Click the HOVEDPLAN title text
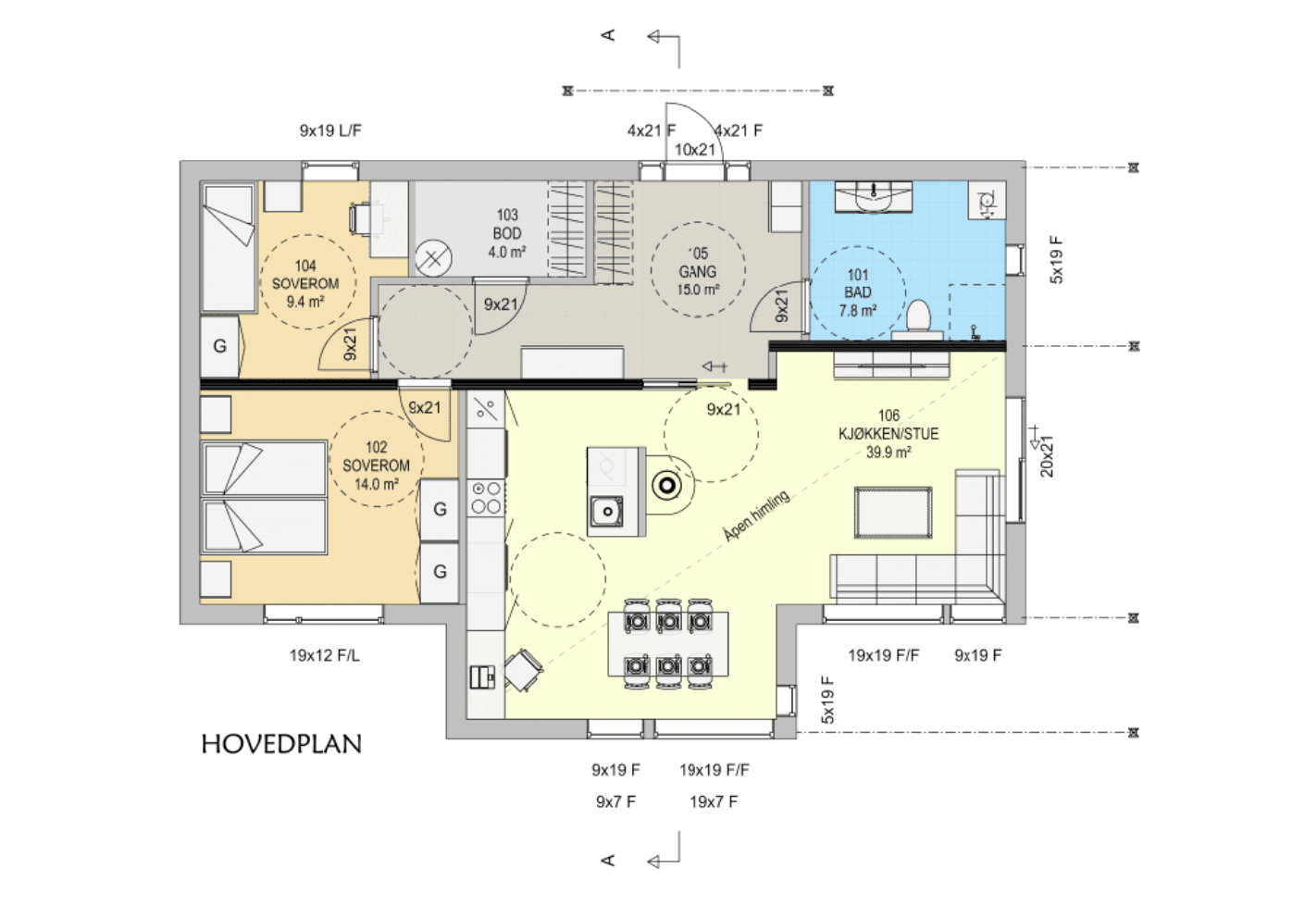point(281,744)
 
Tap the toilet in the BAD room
point(919,320)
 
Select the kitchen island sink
point(606,512)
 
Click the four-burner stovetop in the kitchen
point(487,498)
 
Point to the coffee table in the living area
point(892,513)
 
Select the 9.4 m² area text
point(305,303)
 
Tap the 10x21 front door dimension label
point(694,150)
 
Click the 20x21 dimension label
point(1047,456)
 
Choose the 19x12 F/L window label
point(325,656)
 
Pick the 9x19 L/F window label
point(330,130)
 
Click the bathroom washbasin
point(874,197)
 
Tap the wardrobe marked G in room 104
point(219,346)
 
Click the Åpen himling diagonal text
point(757,515)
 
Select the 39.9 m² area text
point(889,452)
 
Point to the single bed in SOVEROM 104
point(229,247)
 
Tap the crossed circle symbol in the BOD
point(433,258)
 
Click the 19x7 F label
point(714,802)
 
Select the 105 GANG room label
point(697,271)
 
